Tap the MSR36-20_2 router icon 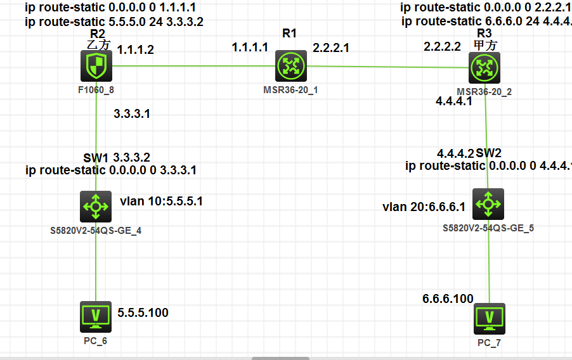click(484, 68)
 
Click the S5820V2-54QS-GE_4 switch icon click(96, 205)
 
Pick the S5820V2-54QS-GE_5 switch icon click(488, 204)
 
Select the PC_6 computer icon click(96, 317)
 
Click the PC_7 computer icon click(490, 319)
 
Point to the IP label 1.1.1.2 click(136, 49)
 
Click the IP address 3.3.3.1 click(132, 114)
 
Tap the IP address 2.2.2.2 click(442, 47)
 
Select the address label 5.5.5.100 click(143, 312)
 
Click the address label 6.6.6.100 click(448, 299)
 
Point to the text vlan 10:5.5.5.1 click(161, 202)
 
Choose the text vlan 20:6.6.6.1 click(424, 207)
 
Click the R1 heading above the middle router click(289, 34)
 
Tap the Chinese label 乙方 click(98, 44)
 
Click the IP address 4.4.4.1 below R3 click(453, 101)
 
